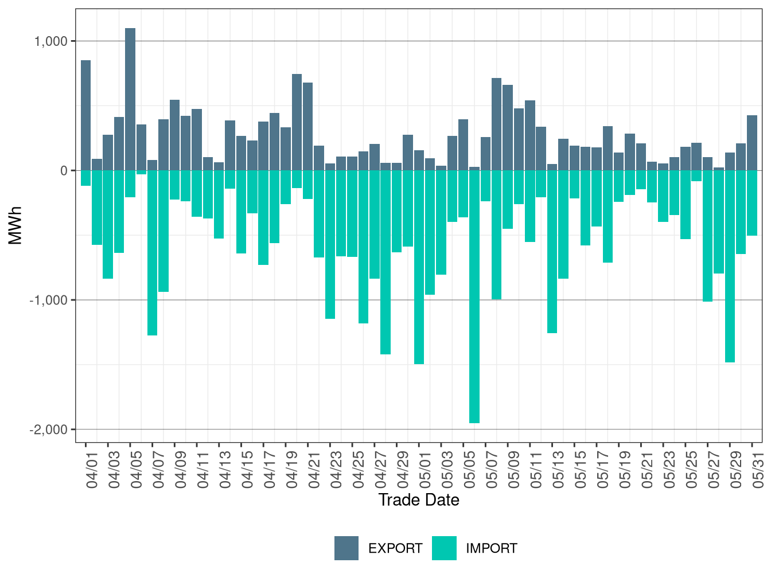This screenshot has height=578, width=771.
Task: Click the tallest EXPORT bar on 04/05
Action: tap(130, 99)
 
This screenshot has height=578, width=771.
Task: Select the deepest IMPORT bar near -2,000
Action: tap(474, 296)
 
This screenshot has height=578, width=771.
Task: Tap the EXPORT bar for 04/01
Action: tap(85, 115)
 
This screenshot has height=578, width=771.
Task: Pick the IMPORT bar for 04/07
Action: tap(153, 253)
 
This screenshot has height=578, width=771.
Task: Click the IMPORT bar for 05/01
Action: tap(419, 267)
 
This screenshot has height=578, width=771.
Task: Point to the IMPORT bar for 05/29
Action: tap(730, 267)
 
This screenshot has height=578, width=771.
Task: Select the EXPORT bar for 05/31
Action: tap(752, 143)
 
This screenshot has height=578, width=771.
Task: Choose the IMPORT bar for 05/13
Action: tap(552, 252)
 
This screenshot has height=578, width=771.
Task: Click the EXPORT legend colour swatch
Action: tap(346, 548)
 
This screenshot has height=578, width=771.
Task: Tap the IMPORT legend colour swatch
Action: tap(445, 548)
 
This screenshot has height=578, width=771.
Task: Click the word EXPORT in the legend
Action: tap(395, 549)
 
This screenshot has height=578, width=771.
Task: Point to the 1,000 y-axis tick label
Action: tap(50, 41)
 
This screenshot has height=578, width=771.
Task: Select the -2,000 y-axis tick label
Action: tap(48, 429)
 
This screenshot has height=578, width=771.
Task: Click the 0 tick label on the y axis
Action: tap(64, 171)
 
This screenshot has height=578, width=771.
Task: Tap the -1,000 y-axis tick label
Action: tap(48, 300)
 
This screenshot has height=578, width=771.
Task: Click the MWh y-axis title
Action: tap(15, 225)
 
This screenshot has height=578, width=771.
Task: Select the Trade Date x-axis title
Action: tap(419, 500)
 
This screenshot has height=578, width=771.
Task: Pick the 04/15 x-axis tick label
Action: tap(247, 470)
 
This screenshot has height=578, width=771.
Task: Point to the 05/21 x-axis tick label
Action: tap(647, 470)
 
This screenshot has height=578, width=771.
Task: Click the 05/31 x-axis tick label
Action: tap(758, 470)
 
